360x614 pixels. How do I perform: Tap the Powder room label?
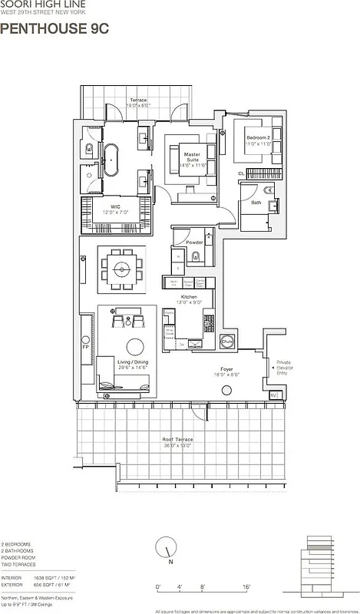pyautogui.click(x=194, y=242)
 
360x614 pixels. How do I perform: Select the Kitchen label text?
pyautogui.click(x=189, y=296)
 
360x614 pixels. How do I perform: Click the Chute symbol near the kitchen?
pyautogui.click(x=227, y=342)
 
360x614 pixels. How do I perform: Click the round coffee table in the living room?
pyautogui.click(x=135, y=345)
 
